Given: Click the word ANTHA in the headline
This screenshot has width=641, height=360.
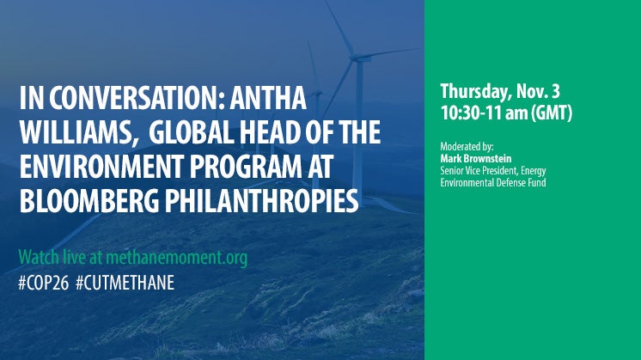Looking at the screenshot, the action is coord(268,98).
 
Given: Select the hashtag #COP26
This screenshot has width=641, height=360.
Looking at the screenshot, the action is coord(44,283).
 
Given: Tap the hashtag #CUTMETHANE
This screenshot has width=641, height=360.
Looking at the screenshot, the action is coord(125,283).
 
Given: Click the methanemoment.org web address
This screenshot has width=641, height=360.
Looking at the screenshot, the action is coord(177,258).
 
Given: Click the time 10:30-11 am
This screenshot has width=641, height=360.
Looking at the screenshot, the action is coord(484,113).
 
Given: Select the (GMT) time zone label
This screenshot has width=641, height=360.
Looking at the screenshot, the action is coord(552,113).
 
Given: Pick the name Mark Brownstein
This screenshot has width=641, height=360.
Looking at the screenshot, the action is coord(476,159).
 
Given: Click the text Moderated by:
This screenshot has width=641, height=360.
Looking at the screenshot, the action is coord(467,147).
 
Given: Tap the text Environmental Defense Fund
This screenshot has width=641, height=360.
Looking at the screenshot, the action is coord(493,182).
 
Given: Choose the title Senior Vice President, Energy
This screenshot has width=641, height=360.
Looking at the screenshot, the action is coord(493,170).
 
